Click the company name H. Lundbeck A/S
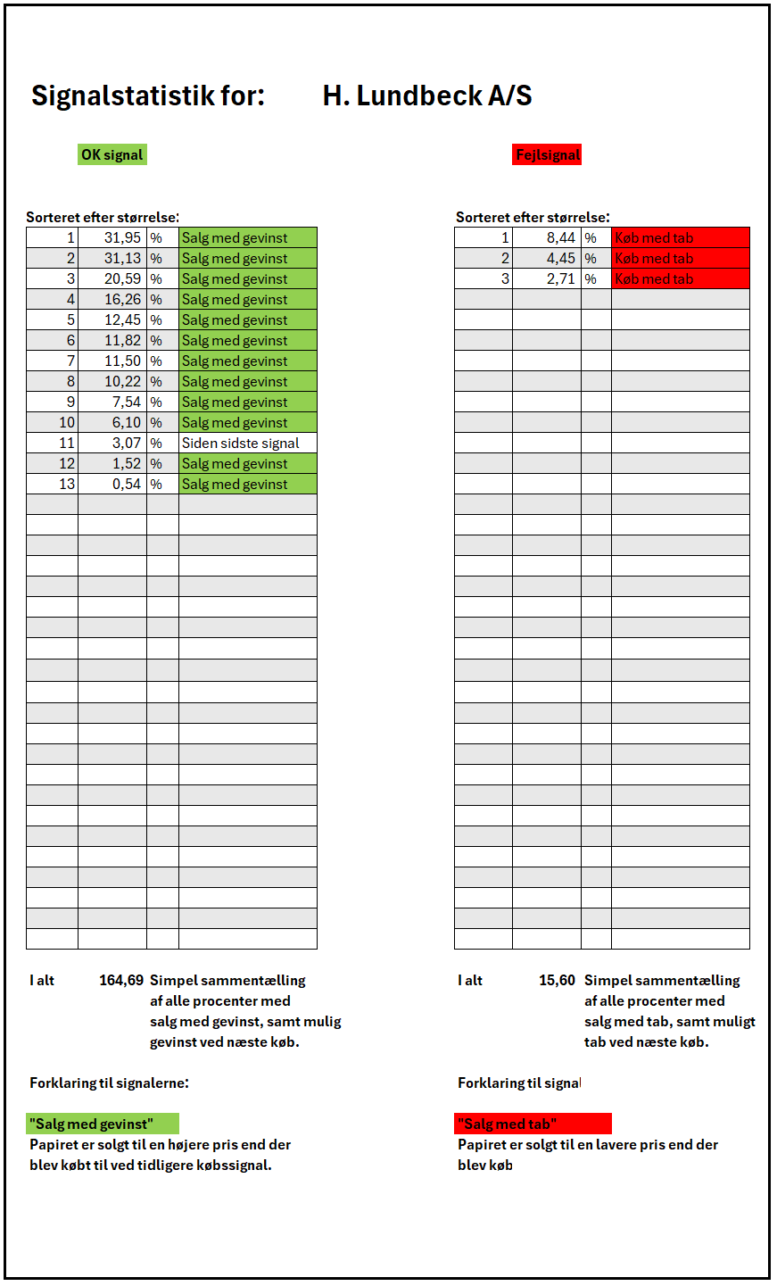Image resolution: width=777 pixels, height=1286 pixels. [427, 96]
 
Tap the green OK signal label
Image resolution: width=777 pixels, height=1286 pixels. [112, 154]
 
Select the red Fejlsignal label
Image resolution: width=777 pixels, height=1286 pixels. [547, 155]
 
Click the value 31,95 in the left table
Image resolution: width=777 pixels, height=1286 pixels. [122, 238]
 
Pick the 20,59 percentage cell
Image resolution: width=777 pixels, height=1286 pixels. [122, 279]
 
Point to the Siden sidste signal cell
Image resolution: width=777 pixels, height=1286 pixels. [241, 444]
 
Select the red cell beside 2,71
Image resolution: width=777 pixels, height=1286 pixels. [680, 279]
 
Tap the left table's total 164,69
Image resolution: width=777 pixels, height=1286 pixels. [121, 981]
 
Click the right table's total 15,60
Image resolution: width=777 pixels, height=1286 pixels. [557, 981]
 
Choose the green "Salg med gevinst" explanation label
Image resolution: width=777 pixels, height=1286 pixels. [103, 1124]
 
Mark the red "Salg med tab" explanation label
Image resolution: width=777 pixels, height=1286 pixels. [533, 1124]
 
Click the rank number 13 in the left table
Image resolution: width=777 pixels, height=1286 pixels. [68, 485]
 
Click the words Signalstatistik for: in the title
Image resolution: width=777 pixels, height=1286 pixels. [148, 96]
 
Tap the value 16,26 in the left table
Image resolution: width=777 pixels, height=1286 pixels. [122, 300]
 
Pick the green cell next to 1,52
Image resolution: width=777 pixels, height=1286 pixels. [247, 464]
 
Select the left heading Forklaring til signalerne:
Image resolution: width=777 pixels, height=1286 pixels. [109, 1083]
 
